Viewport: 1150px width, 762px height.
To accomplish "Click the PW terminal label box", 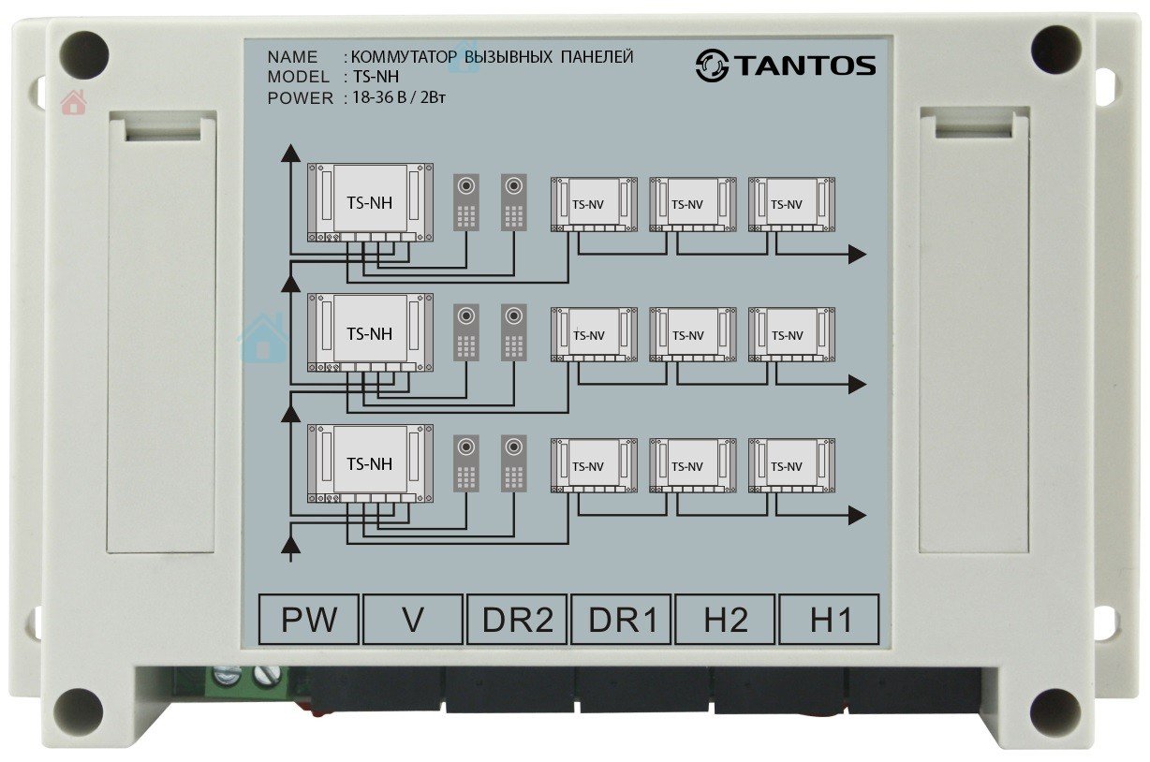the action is pyautogui.click(x=308, y=619).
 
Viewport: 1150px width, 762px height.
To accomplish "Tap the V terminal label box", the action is pyautogui.click(x=413, y=619).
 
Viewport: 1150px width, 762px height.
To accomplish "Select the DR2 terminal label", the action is pyautogui.click(x=517, y=619).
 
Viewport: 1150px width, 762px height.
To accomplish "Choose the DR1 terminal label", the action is pyautogui.click(x=621, y=619).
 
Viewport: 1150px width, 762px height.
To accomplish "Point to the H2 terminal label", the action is pyautogui.click(x=725, y=619).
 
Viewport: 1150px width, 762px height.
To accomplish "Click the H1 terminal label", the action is pyautogui.click(x=829, y=619).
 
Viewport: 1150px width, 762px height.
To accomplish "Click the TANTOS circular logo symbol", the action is pyautogui.click(x=712, y=66).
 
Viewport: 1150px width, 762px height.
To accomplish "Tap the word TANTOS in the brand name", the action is pyautogui.click(x=805, y=66).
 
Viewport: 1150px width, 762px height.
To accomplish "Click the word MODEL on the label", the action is pyautogui.click(x=299, y=77).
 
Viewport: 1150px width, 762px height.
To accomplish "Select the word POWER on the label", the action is pyautogui.click(x=301, y=98).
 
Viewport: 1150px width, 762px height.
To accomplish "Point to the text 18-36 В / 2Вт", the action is pyautogui.click(x=399, y=97).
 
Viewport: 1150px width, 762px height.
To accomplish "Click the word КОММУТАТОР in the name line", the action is pyautogui.click(x=404, y=56).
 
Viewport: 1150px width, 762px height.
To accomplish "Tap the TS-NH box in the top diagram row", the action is pyautogui.click(x=370, y=203).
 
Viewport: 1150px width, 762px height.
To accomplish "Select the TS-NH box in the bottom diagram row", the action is pyautogui.click(x=370, y=464).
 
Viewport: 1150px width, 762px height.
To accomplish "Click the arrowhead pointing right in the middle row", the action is pyautogui.click(x=858, y=385).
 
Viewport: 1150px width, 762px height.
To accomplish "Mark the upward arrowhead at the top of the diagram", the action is pyautogui.click(x=291, y=153).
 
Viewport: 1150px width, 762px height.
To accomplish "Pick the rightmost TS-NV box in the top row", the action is pyautogui.click(x=791, y=204).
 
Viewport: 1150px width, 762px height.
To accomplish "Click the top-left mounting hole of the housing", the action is pyautogui.click(x=84, y=55).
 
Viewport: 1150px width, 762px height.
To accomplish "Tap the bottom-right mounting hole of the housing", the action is pyautogui.click(x=1055, y=712).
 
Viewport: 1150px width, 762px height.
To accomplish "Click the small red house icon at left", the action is pyautogui.click(x=73, y=102).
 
